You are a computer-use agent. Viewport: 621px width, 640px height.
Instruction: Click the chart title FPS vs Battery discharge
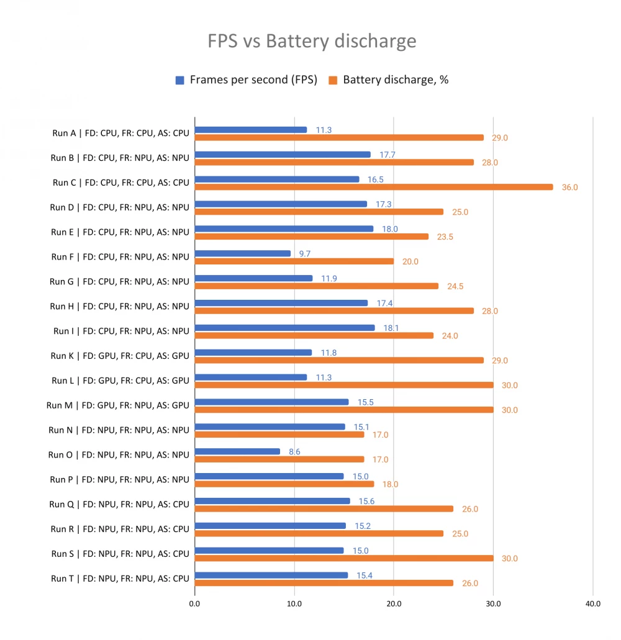coord(311,41)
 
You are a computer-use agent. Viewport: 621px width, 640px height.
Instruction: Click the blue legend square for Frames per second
coord(180,80)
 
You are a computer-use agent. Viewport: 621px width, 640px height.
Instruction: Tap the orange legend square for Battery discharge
coord(333,80)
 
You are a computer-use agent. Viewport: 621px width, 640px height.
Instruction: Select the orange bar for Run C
coord(373,187)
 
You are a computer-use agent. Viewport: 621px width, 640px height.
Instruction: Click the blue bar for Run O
coord(237,451)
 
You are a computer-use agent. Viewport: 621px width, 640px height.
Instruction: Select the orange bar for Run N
coord(279,435)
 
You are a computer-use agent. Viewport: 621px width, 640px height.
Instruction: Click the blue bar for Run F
coord(243,253)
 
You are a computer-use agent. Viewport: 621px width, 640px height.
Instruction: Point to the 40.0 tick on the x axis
coord(592,603)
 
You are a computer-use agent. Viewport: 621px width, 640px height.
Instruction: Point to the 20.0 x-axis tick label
coord(393,603)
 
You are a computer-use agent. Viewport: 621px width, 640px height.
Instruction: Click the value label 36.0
coord(569,187)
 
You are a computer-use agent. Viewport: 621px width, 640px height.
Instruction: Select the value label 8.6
coord(294,452)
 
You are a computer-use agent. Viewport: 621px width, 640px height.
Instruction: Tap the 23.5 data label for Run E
coord(445,237)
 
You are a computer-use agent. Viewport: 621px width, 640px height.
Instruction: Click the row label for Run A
coord(120,133)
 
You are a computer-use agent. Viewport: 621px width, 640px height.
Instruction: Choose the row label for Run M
coord(117,405)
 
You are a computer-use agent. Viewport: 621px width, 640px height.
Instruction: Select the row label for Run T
coord(120,579)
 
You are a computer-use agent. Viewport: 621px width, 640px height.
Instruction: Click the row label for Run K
coord(119,356)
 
